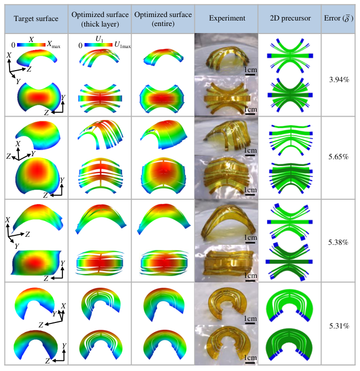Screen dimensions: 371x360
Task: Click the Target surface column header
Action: [x=35, y=19]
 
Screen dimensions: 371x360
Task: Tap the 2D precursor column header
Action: [x=289, y=19]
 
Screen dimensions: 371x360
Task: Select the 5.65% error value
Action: [x=339, y=157]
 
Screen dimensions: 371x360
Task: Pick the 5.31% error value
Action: [x=339, y=326]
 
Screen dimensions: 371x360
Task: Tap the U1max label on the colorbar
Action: [x=122, y=46]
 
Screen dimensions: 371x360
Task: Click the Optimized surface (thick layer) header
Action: [x=99, y=19]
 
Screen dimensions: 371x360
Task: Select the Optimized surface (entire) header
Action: [x=162, y=19]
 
